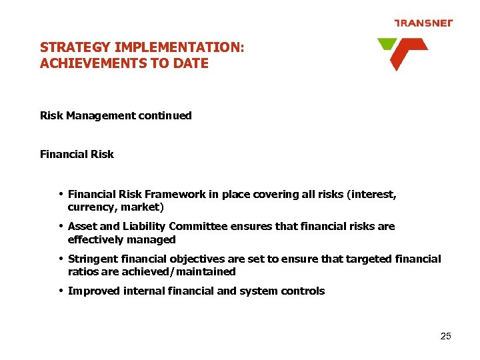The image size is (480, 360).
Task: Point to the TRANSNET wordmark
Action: pyautogui.click(x=423, y=23)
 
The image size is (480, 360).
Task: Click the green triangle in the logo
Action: pyautogui.click(x=386, y=45)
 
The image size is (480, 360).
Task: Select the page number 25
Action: pyautogui.click(x=446, y=336)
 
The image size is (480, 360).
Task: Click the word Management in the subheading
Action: pyautogui.click(x=99, y=115)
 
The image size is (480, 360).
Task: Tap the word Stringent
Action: pyautogui.click(x=93, y=259)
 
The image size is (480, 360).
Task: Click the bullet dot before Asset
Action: pyautogui.click(x=61, y=226)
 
